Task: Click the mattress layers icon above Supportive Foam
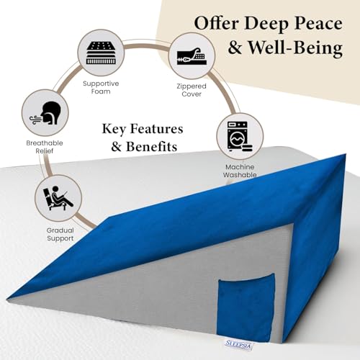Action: [x=101, y=53]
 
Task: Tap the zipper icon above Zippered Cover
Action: [x=192, y=56]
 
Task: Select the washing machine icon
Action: [x=240, y=136]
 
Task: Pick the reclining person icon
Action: [x=58, y=198]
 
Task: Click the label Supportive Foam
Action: [x=101, y=87]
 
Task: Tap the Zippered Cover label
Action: [x=192, y=90]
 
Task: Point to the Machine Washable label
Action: [x=240, y=171]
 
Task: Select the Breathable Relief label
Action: [x=45, y=147]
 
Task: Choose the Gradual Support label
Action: [x=60, y=234]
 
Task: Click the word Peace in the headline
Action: [x=318, y=23]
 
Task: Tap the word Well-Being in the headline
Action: [x=295, y=48]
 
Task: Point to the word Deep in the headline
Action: [x=266, y=24]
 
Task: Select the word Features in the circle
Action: [x=156, y=129]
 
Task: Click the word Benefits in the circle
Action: [x=151, y=146]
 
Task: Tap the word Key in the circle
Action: [x=114, y=130]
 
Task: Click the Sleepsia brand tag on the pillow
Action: [x=238, y=345]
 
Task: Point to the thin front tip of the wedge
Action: [x=9, y=298]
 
